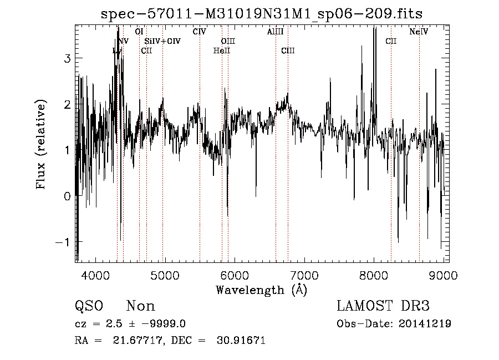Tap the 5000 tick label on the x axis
tap(165, 276)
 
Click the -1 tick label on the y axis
tap(62, 242)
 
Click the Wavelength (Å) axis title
tap(261, 290)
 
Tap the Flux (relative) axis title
tap(41, 145)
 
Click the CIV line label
tap(200, 32)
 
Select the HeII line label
tap(221, 51)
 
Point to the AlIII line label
tap(275, 32)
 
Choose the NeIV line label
tap(419, 32)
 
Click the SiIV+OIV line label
tap(162, 41)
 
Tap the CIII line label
tap(288, 51)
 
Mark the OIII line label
tap(228, 41)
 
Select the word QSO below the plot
tap(89, 306)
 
